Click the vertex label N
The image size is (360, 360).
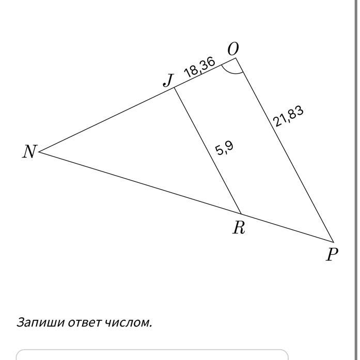[x=30, y=151]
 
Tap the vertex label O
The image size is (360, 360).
[x=233, y=49]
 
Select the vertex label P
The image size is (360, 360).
[x=332, y=254]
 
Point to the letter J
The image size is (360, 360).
[x=168, y=80]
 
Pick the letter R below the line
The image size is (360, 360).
[x=238, y=227]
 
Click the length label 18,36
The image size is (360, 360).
[x=199, y=67]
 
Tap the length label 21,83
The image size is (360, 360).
[x=288, y=116]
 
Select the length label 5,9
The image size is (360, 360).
[x=225, y=149]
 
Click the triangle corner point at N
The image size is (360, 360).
[x=40, y=152]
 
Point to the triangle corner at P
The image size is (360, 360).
[x=334, y=241]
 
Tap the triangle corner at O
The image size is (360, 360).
[x=236, y=58]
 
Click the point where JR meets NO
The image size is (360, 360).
[x=174, y=87]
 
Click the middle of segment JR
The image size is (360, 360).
[x=208, y=150]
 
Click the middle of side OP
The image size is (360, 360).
[x=285, y=150]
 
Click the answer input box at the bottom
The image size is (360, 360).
[x=152, y=355]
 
